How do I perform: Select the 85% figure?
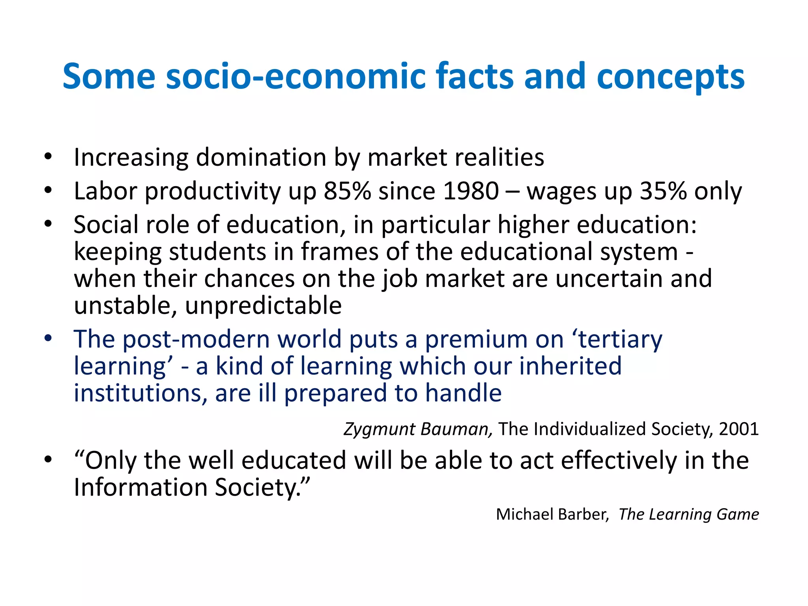(x=347, y=191)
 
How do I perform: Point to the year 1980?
(x=471, y=191)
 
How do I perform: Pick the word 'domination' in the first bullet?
(x=261, y=157)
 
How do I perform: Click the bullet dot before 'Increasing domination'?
(x=48, y=157)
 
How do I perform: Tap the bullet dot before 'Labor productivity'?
(x=48, y=191)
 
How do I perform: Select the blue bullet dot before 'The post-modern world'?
(x=48, y=339)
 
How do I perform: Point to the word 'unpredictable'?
(x=263, y=305)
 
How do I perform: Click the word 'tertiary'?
(x=621, y=339)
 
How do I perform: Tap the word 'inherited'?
(x=570, y=366)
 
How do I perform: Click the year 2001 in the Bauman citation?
(x=739, y=429)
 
